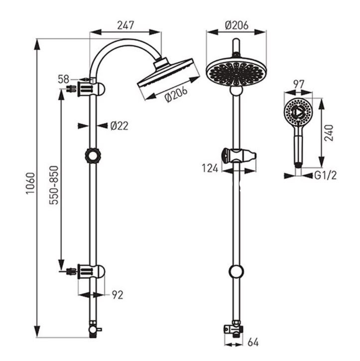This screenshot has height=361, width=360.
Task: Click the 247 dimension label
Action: pyautogui.click(x=125, y=25)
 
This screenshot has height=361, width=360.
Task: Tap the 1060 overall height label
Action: pyautogui.click(x=30, y=183)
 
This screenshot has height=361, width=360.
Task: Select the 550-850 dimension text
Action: pyautogui.click(x=54, y=185)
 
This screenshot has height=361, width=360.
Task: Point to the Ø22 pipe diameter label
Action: pyautogui.click(x=119, y=126)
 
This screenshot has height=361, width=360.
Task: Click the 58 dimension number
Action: pyautogui.click(x=63, y=80)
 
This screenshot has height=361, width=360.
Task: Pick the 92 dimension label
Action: pyautogui.click(x=118, y=295)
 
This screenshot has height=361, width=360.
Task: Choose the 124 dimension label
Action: pyautogui.click(x=210, y=168)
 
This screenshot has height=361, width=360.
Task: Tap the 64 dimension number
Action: pyautogui.click(x=253, y=342)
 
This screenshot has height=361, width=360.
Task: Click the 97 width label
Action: pyautogui.click(x=299, y=85)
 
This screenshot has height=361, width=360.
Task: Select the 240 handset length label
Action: pyautogui.click(x=329, y=133)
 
